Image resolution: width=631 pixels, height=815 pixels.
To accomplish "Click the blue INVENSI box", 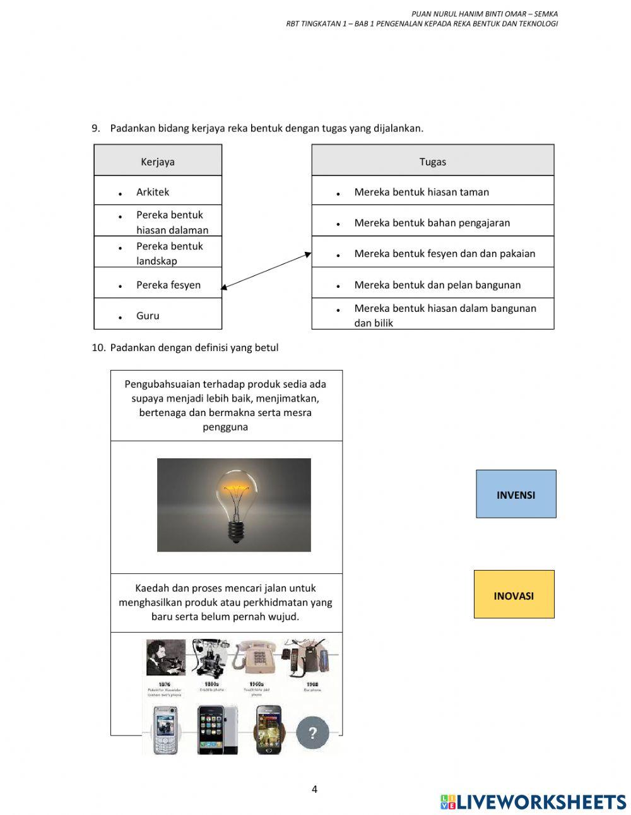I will [516, 494].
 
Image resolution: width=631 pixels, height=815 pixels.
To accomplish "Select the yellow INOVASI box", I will [514, 595].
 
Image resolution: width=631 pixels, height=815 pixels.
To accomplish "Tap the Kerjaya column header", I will [158, 162].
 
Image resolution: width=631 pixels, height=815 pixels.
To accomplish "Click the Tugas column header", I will [432, 162].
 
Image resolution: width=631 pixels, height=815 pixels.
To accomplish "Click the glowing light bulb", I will [236, 503].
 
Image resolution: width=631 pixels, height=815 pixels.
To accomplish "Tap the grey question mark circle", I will [312, 733].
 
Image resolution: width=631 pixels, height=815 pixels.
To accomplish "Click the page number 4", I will [314, 789].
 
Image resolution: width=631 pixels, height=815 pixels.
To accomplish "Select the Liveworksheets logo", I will [533, 802].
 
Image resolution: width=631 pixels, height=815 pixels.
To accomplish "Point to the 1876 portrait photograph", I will [165, 658].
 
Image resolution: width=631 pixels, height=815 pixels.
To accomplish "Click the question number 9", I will [96, 129].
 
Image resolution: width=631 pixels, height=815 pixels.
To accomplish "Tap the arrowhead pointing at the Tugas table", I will [308, 254].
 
